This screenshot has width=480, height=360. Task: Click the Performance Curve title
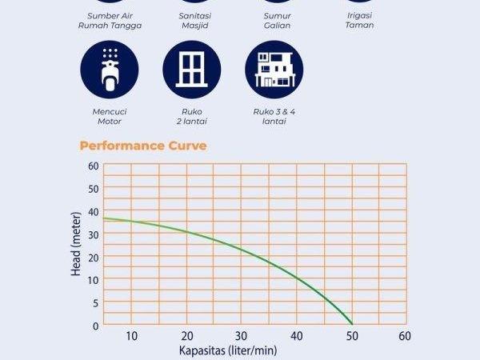[x=143, y=146]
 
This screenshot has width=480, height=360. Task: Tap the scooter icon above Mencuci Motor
[x=110, y=71]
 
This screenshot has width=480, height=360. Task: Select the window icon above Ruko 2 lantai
[x=192, y=71]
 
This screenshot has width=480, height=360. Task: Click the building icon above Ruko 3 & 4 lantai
[x=274, y=71]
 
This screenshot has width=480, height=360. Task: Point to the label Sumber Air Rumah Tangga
[x=110, y=20]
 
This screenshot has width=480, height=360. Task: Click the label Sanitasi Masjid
[x=193, y=20]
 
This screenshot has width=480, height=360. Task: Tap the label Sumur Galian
[x=277, y=20]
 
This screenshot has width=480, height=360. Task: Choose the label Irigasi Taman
[x=359, y=20]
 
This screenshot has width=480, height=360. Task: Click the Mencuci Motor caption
[x=110, y=118]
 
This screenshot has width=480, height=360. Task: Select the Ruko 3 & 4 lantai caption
[x=274, y=118]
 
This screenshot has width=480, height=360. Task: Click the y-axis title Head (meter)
[x=76, y=246]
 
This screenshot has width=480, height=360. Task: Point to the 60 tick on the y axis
[x=94, y=166]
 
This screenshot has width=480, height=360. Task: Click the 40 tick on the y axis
[x=94, y=211]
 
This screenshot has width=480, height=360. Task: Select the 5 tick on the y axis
[x=96, y=302]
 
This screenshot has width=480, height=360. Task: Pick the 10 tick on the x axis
[x=132, y=335]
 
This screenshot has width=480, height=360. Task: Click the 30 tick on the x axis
[x=242, y=335]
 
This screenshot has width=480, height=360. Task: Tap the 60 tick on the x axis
[x=405, y=335]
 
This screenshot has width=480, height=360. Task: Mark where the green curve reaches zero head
[x=352, y=324]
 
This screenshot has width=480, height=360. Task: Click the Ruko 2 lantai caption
[x=192, y=118]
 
